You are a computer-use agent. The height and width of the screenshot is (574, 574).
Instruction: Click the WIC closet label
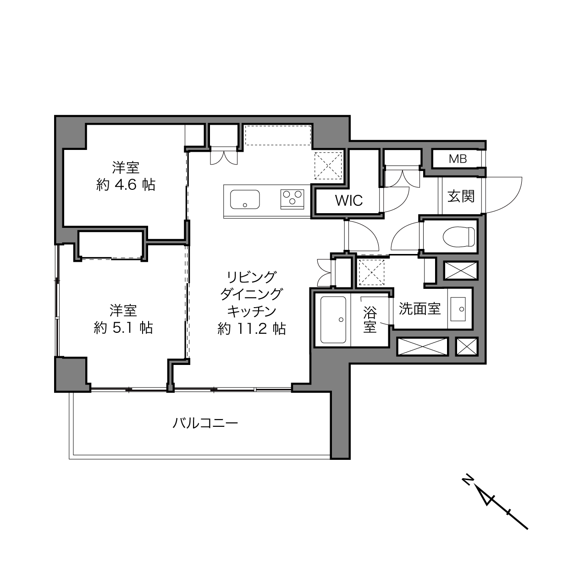click(349, 200)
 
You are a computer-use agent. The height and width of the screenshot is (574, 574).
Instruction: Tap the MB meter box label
click(458, 159)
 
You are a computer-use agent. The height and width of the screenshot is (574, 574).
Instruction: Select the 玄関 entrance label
click(461, 196)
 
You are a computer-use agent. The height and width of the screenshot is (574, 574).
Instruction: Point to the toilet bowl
click(459, 237)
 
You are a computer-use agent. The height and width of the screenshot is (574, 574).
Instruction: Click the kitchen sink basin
click(245, 199)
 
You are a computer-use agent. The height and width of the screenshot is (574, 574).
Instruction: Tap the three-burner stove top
click(292, 199)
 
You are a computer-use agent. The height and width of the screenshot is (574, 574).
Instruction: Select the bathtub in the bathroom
click(333, 320)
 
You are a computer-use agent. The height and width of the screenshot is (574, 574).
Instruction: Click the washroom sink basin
click(458, 309)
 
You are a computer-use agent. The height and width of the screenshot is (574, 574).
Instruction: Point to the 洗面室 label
click(419, 309)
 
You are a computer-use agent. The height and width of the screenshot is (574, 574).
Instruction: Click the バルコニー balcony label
click(205, 423)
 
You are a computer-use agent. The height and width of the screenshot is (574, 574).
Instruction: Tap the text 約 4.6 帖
click(126, 185)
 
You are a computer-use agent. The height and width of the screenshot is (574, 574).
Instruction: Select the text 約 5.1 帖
click(123, 328)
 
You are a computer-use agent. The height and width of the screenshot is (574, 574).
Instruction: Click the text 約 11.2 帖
click(252, 329)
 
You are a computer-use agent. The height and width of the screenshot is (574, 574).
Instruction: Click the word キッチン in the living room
click(252, 312)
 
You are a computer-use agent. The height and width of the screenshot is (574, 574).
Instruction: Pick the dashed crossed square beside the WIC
click(328, 166)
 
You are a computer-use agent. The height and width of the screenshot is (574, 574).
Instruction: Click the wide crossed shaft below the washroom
click(423, 347)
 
